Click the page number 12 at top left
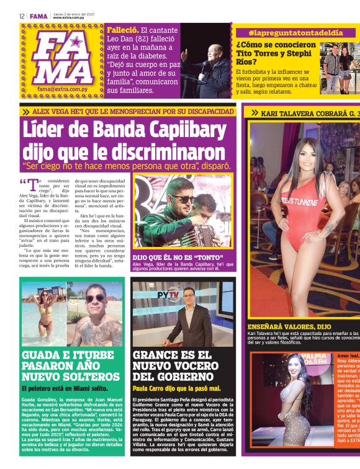pyautogui.click(x=22, y=16)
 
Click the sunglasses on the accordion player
pyautogui.click(x=184, y=199)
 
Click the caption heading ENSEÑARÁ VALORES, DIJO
pyautogui.click(x=289, y=326)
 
